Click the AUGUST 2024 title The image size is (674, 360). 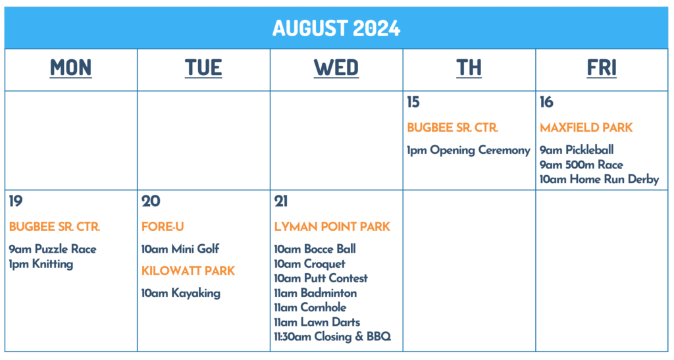click(x=336, y=28)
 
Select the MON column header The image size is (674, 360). click(x=71, y=68)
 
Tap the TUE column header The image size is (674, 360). click(x=203, y=68)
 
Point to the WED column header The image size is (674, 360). click(x=336, y=68)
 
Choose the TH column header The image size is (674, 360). click(x=469, y=68)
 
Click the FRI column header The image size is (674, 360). click(x=602, y=68)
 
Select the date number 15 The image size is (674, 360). click(x=413, y=102)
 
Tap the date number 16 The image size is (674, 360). click(x=546, y=102)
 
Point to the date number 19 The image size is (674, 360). click(x=16, y=201)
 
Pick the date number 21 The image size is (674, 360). click(x=281, y=201)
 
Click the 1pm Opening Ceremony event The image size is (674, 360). click(x=469, y=150)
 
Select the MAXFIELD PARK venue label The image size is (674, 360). click(x=586, y=128)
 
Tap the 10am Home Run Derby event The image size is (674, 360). click(x=599, y=179)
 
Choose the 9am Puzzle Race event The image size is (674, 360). click(x=53, y=249)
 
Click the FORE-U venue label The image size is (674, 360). click(x=163, y=226)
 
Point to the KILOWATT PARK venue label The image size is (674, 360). click(x=188, y=270)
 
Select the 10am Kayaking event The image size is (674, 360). click(x=181, y=294)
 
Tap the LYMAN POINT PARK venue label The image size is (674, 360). click(x=332, y=226)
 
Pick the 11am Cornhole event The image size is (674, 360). click(x=311, y=307)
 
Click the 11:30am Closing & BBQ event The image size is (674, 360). click(x=332, y=337)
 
